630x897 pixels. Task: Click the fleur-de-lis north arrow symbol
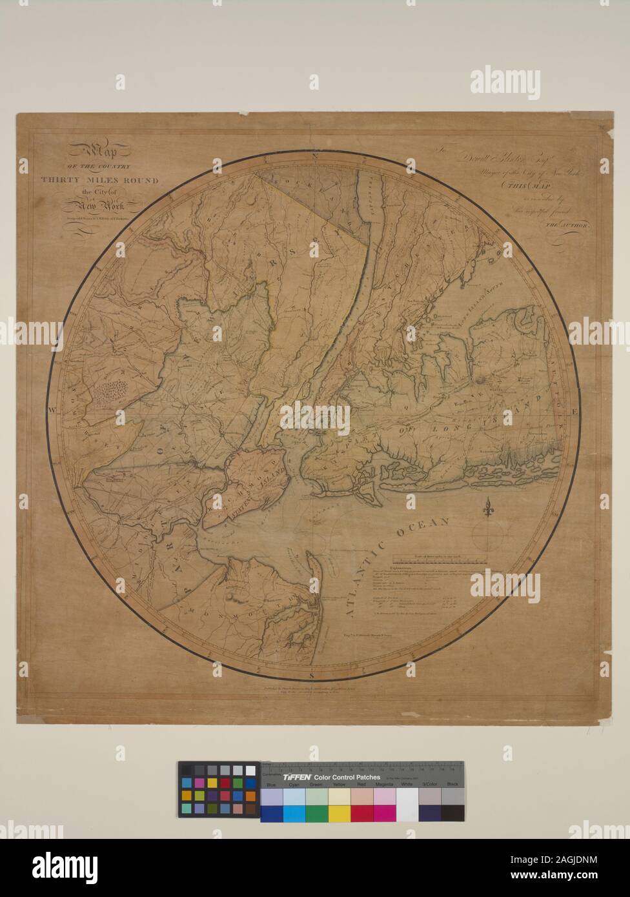(488, 507)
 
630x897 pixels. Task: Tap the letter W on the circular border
(51, 409)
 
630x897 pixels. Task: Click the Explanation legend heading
(406, 570)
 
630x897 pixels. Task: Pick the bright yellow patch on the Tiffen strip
(339, 813)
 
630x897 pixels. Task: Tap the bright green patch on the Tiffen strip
(316, 813)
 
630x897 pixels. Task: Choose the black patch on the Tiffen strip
(452, 813)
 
